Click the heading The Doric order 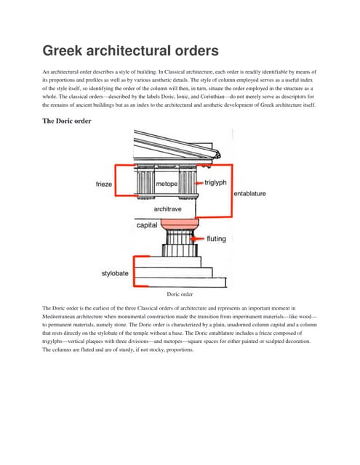pyautogui.click(x=68, y=121)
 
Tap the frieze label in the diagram pyautogui.click(x=105, y=185)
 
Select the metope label pyautogui.click(x=168, y=184)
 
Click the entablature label pyautogui.click(x=249, y=194)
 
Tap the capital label pyautogui.click(x=150, y=225)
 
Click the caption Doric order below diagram pyautogui.click(x=180, y=294)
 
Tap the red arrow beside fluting pyautogui.click(x=198, y=238)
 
